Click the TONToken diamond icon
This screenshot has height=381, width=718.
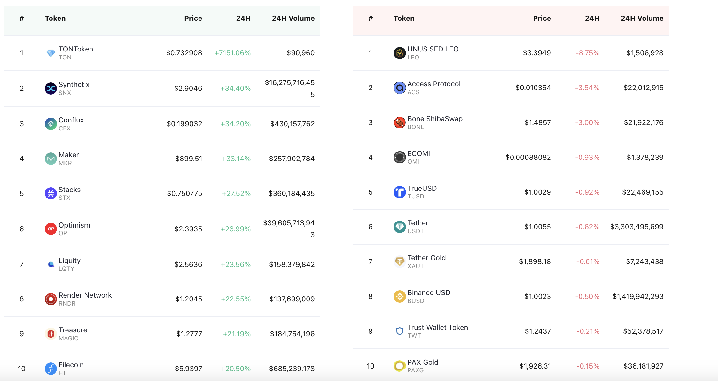(x=51, y=53)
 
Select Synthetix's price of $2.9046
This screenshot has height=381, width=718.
(x=188, y=88)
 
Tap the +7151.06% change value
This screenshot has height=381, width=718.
(x=232, y=53)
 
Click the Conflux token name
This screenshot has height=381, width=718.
(x=71, y=120)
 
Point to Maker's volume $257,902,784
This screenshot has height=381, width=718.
(x=292, y=159)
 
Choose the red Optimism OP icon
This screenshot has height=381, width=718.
(x=51, y=229)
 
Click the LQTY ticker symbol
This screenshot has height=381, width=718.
(x=66, y=269)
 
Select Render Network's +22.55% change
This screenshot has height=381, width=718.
(x=236, y=299)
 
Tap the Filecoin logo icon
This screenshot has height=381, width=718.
(x=51, y=369)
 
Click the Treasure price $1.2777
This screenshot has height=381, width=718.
(x=189, y=334)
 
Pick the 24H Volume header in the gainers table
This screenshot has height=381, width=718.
(x=293, y=18)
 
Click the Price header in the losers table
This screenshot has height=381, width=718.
(x=542, y=18)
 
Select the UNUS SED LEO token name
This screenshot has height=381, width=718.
(x=433, y=49)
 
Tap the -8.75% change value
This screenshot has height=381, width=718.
(x=588, y=53)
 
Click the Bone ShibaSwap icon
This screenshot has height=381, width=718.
(x=400, y=122)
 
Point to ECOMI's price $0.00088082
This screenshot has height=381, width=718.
(x=528, y=157)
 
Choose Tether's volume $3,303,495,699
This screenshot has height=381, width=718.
(x=637, y=227)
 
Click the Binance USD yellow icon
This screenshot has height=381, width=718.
(x=400, y=296)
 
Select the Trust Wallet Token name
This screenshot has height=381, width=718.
(x=438, y=327)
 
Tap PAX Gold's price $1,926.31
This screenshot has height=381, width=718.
(x=535, y=366)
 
